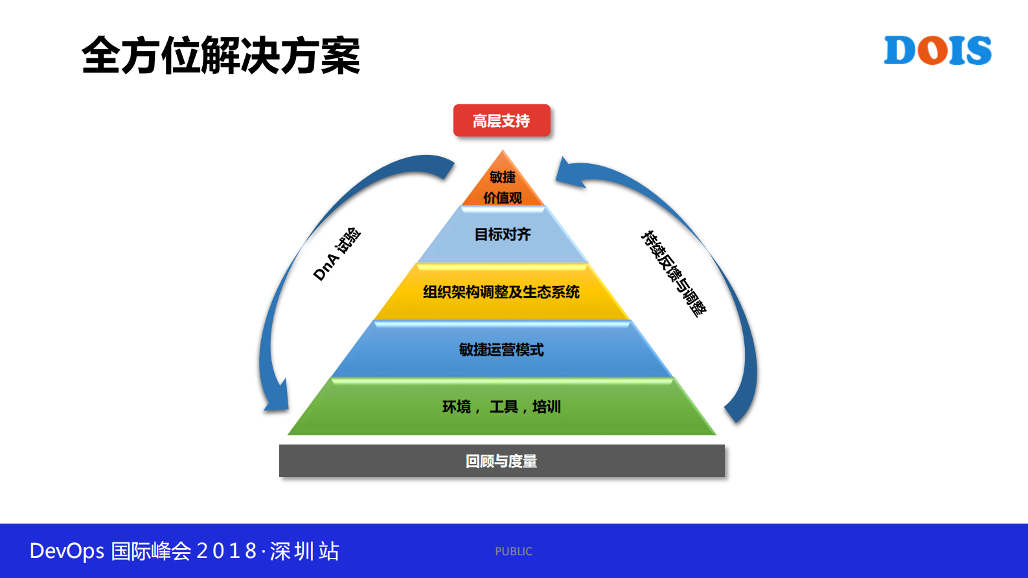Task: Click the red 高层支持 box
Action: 501,121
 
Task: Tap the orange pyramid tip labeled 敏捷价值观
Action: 503,186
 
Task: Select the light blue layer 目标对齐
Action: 503,235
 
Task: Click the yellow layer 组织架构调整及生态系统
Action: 501,292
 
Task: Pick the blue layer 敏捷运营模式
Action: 501,350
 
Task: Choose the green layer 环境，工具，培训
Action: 501,407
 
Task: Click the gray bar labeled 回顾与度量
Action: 501,461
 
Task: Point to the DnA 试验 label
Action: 336,254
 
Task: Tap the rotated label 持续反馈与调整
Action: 674,273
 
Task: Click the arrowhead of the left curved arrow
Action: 277,399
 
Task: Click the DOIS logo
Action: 937,51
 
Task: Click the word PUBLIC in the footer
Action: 514,551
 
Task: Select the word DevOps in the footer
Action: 67,551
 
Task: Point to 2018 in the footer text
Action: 226,551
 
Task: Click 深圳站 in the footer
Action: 304,551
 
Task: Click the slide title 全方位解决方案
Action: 220,56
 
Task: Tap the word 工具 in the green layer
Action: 504,407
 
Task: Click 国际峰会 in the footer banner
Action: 151,551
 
